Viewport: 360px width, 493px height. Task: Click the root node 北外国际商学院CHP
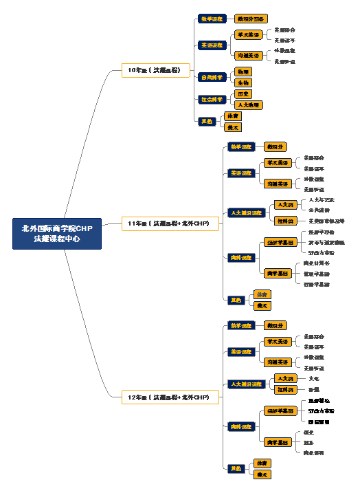point(57,234)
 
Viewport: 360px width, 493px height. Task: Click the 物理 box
point(243,72)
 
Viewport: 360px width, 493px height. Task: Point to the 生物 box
point(243,83)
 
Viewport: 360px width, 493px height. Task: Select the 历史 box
point(243,94)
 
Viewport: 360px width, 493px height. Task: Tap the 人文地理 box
point(248,105)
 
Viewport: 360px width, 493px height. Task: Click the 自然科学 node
point(211,77)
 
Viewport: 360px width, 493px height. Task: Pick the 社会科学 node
point(211,99)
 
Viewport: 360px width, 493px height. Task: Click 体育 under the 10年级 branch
point(233,116)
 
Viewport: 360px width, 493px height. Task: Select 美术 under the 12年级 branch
point(262,474)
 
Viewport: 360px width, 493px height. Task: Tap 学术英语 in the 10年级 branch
point(248,34)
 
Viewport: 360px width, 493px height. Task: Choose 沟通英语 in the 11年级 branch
point(278,184)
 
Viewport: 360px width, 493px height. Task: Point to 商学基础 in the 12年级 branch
point(278,442)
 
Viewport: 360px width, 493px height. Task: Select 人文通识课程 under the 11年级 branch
point(246,213)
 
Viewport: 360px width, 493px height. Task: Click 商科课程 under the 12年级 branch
point(241,426)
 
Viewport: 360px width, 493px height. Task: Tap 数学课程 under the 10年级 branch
point(212,19)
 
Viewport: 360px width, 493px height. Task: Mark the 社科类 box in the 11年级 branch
point(285,221)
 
